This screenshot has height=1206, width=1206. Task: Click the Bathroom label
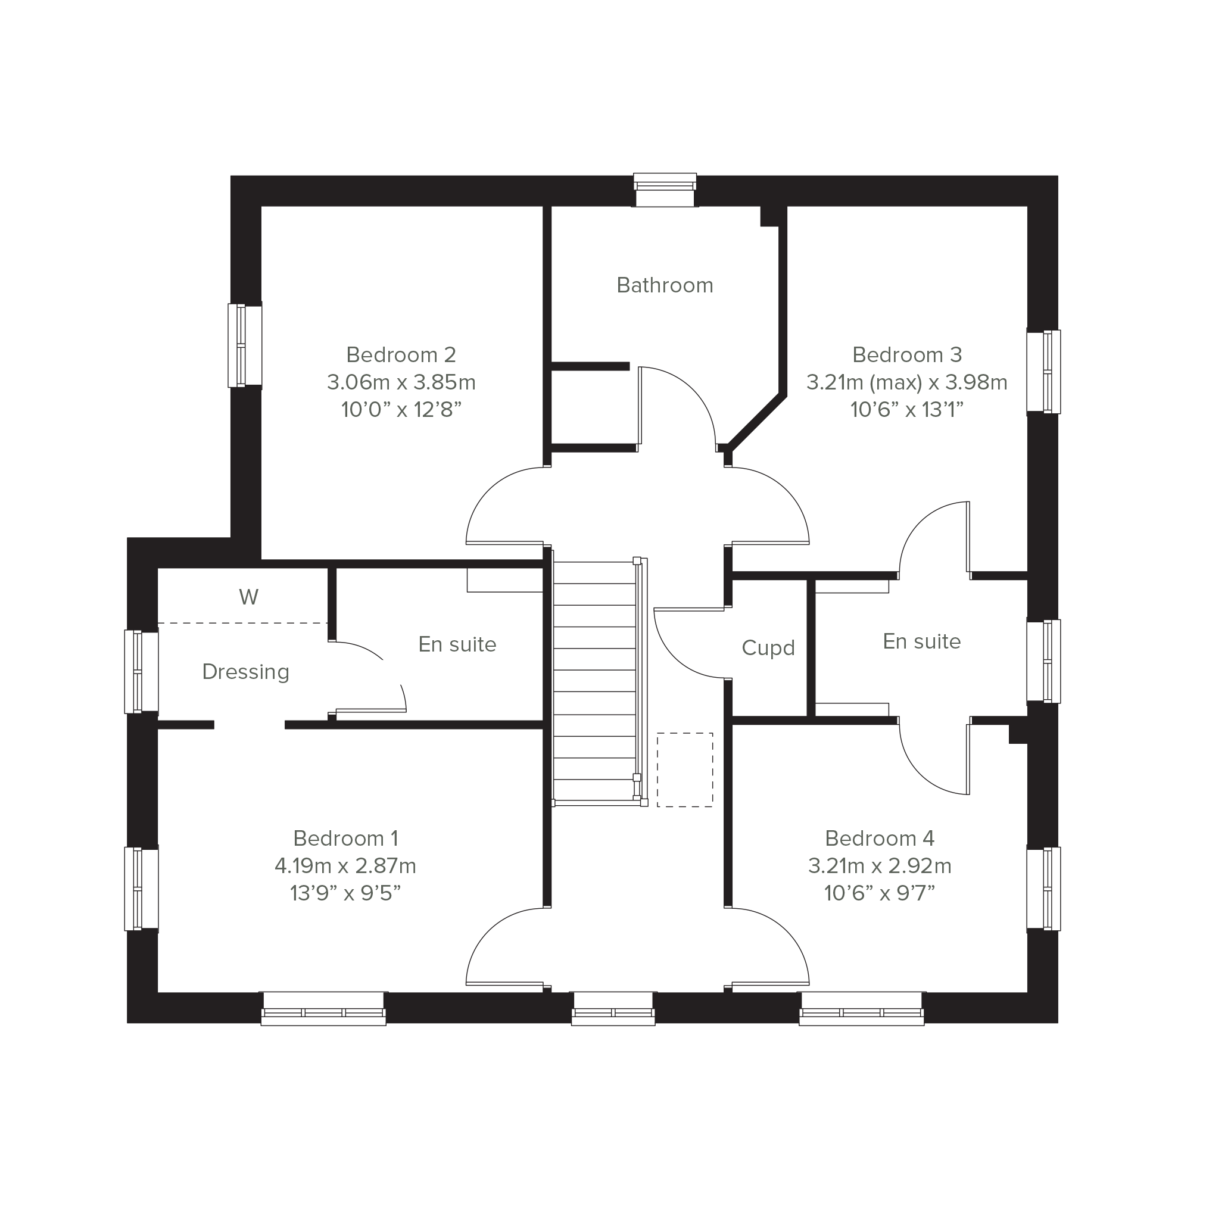click(x=665, y=285)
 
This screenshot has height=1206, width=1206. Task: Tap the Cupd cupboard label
click(x=768, y=649)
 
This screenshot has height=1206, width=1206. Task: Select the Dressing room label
click(x=246, y=672)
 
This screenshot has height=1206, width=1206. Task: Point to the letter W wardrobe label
click(x=248, y=597)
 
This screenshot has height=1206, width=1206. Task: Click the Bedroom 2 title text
click(x=401, y=354)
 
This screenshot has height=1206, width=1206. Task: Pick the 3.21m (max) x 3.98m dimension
click(x=907, y=382)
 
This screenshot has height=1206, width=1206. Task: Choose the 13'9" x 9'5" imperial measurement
click(x=345, y=894)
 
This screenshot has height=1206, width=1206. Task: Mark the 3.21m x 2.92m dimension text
click(x=880, y=867)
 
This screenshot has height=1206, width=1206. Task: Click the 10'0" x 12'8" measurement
click(x=401, y=410)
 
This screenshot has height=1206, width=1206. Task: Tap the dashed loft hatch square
click(x=685, y=770)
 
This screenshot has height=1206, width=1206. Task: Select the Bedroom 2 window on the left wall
click(x=245, y=346)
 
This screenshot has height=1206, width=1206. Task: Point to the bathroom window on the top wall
click(x=665, y=190)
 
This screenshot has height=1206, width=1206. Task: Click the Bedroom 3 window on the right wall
click(x=1043, y=372)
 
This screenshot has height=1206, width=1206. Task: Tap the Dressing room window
click(x=142, y=672)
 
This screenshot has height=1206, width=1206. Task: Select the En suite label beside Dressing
click(x=457, y=644)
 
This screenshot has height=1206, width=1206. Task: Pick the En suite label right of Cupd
click(x=922, y=641)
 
